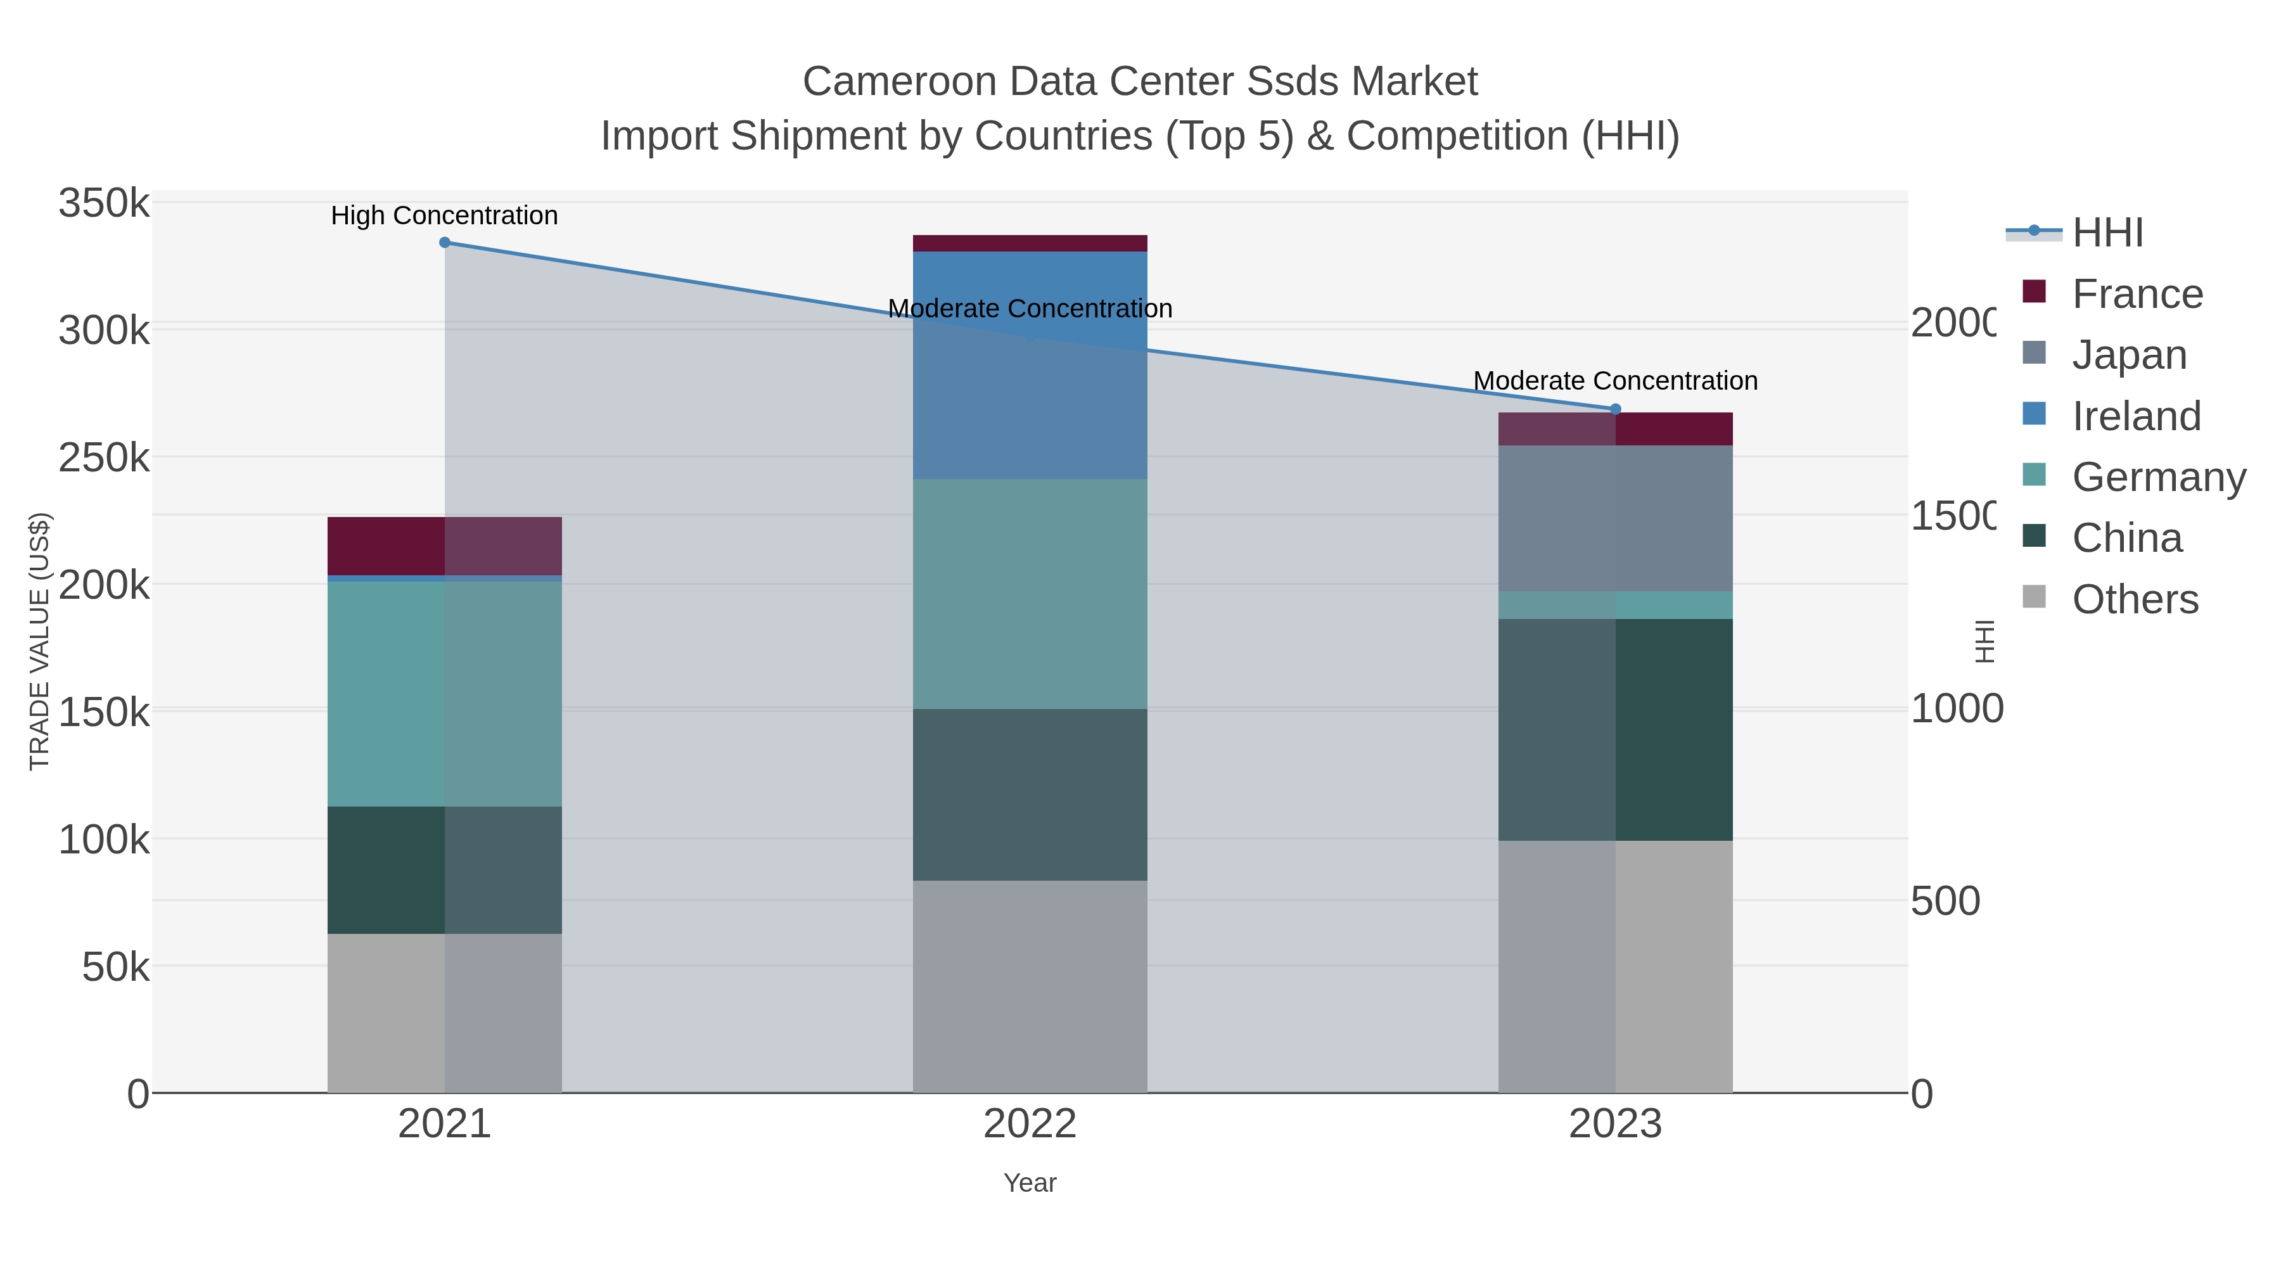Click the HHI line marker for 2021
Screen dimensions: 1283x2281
tap(445, 243)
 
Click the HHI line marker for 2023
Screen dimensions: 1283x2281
tap(1615, 409)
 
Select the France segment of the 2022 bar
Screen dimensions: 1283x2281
tap(1030, 243)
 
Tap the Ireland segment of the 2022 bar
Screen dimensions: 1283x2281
tap(1030, 365)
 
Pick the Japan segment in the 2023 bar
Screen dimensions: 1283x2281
tap(1615, 518)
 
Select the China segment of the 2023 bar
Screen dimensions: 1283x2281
tap(1615, 730)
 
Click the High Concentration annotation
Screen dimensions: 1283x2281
tap(445, 215)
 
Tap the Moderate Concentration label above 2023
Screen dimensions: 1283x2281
tap(1615, 381)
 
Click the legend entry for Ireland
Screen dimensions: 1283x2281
tap(2136, 416)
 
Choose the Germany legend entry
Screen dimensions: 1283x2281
tap(2158, 477)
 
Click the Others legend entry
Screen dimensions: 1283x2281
tap(2135, 599)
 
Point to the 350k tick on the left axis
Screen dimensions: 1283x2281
tap(104, 203)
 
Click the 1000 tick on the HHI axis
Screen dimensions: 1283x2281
tap(1956, 708)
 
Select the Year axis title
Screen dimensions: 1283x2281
tap(1030, 1183)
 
